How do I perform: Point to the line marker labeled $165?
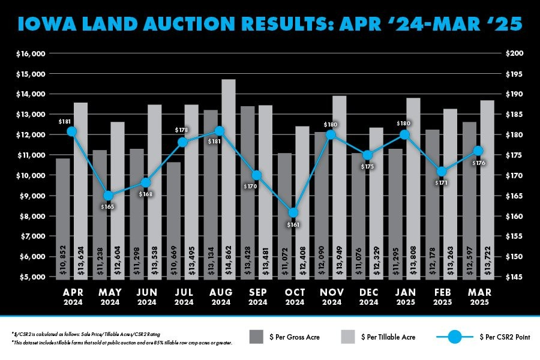109,196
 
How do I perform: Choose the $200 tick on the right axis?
515,54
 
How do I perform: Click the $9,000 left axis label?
33,196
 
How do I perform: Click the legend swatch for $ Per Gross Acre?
256,337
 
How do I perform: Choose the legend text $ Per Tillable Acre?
388,337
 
